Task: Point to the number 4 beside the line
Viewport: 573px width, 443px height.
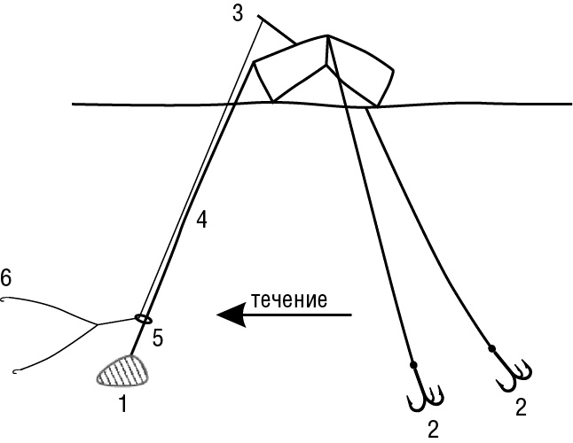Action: (x=201, y=220)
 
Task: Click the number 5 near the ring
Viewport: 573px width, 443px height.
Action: (x=158, y=337)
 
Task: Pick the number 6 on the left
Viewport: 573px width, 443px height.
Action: (x=6, y=279)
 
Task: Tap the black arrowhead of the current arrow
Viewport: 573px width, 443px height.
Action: (x=232, y=315)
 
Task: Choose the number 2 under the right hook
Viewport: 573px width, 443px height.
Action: (x=522, y=408)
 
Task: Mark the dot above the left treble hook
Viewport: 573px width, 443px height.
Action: (x=412, y=365)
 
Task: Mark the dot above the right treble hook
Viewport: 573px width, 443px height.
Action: (x=491, y=346)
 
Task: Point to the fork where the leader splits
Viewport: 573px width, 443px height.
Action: (x=97, y=325)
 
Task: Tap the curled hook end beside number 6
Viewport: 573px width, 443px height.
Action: (x=5, y=299)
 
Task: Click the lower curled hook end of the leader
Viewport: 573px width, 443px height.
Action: (x=19, y=370)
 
